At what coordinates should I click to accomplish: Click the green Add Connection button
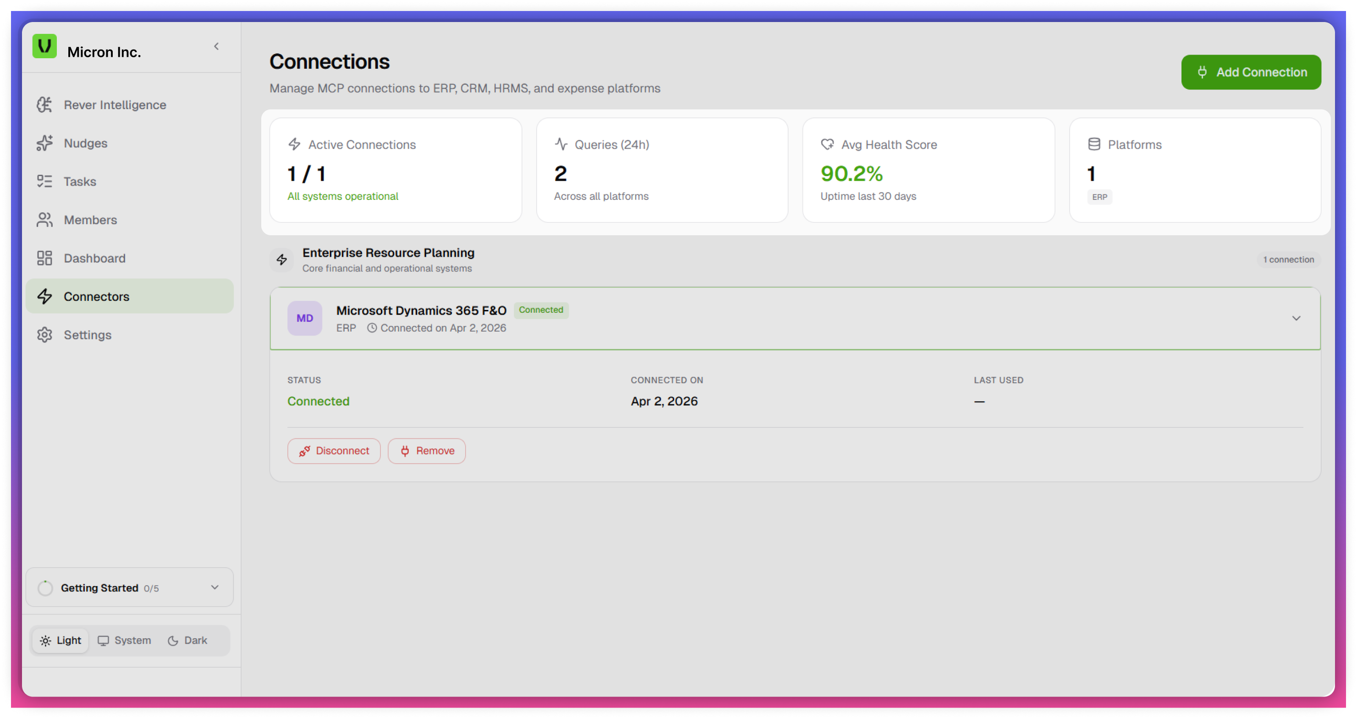pyautogui.click(x=1251, y=72)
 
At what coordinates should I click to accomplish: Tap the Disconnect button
pyautogui.click(x=334, y=451)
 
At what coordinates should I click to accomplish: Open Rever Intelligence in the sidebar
pyautogui.click(x=115, y=105)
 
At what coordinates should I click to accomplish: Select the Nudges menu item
pyautogui.click(x=85, y=144)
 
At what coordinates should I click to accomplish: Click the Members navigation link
pyautogui.click(x=90, y=220)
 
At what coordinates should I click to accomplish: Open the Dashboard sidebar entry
pyautogui.click(x=94, y=258)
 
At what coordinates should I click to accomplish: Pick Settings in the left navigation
pyautogui.click(x=88, y=335)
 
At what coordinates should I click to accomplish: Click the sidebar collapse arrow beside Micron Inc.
pyautogui.click(x=216, y=46)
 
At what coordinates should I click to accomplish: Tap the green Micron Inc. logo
pyautogui.click(x=45, y=46)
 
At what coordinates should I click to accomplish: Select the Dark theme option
pyautogui.click(x=187, y=641)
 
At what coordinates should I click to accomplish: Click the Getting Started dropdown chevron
pyautogui.click(x=215, y=587)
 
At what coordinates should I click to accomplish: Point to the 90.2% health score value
pyautogui.click(x=852, y=174)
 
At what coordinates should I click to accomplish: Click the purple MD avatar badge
pyautogui.click(x=304, y=318)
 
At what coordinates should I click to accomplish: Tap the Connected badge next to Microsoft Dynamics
pyautogui.click(x=541, y=310)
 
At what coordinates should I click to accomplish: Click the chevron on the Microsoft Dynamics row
pyautogui.click(x=1297, y=318)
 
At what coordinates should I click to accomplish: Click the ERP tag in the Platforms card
pyautogui.click(x=1099, y=197)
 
